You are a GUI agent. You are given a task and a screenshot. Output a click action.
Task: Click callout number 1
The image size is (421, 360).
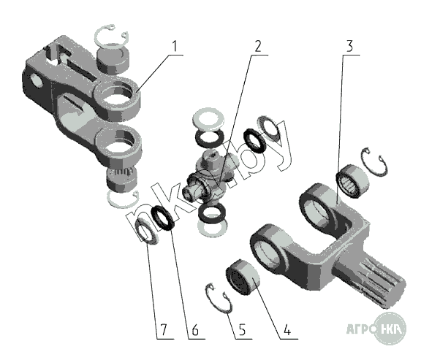click(175, 46)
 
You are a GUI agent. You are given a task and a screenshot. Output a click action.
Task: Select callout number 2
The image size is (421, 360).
click(257, 46)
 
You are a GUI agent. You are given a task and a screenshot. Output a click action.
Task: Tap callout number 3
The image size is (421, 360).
click(349, 46)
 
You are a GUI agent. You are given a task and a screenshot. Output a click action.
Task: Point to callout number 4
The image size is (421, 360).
click(287, 329)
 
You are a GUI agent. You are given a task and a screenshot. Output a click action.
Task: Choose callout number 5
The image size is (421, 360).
click(242, 329)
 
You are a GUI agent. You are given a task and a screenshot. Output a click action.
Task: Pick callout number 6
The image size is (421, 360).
click(195, 329)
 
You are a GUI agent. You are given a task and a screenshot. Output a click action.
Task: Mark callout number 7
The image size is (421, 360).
click(164, 329)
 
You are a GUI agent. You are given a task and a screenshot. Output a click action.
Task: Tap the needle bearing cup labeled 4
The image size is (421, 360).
click(242, 277)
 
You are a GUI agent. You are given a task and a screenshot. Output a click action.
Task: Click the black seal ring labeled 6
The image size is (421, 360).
click(163, 218)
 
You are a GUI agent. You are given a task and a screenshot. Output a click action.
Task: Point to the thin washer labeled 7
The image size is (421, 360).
click(147, 231)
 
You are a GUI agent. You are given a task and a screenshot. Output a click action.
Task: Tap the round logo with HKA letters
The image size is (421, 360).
click(390, 329)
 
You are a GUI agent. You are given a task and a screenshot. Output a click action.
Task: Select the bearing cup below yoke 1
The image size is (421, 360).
click(121, 179)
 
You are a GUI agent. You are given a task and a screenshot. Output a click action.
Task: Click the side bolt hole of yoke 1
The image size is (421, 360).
click(36, 81)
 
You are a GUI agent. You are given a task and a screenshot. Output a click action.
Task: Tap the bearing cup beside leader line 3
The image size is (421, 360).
click(353, 181)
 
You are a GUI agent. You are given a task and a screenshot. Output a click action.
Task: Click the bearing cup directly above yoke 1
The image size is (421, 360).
click(113, 61)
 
